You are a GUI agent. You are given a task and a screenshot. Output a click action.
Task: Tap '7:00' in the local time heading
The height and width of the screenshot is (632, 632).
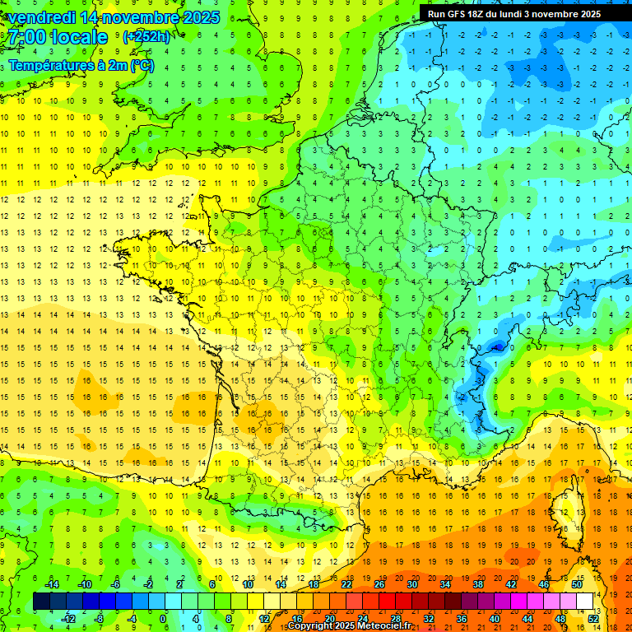[x=29, y=37]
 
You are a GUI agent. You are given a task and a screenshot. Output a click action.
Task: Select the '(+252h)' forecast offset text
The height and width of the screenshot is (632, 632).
[x=146, y=37]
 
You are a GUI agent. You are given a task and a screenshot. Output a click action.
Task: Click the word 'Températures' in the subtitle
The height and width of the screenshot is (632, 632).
[x=46, y=65]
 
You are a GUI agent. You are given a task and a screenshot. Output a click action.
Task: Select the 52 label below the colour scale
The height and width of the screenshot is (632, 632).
[x=593, y=618]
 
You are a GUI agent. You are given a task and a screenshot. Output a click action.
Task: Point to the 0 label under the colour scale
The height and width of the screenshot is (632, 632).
[x=162, y=618]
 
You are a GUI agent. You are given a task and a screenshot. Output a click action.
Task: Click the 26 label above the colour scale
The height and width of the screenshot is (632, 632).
[x=379, y=584]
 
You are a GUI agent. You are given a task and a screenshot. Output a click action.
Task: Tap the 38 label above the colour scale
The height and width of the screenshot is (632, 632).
[x=478, y=584]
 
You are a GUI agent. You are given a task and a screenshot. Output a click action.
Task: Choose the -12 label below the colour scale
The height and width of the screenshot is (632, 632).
[x=68, y=618]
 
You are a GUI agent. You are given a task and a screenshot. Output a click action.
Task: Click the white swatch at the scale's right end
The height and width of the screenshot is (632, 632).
[x=585, y=602]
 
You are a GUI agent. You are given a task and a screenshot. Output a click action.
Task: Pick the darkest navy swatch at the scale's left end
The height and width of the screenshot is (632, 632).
[x=41, y=602]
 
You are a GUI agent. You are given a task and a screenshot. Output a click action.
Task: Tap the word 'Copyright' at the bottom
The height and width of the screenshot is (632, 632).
[x=311, y=626]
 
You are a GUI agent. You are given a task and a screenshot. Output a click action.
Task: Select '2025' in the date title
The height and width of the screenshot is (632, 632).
[x=201, y=17]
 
